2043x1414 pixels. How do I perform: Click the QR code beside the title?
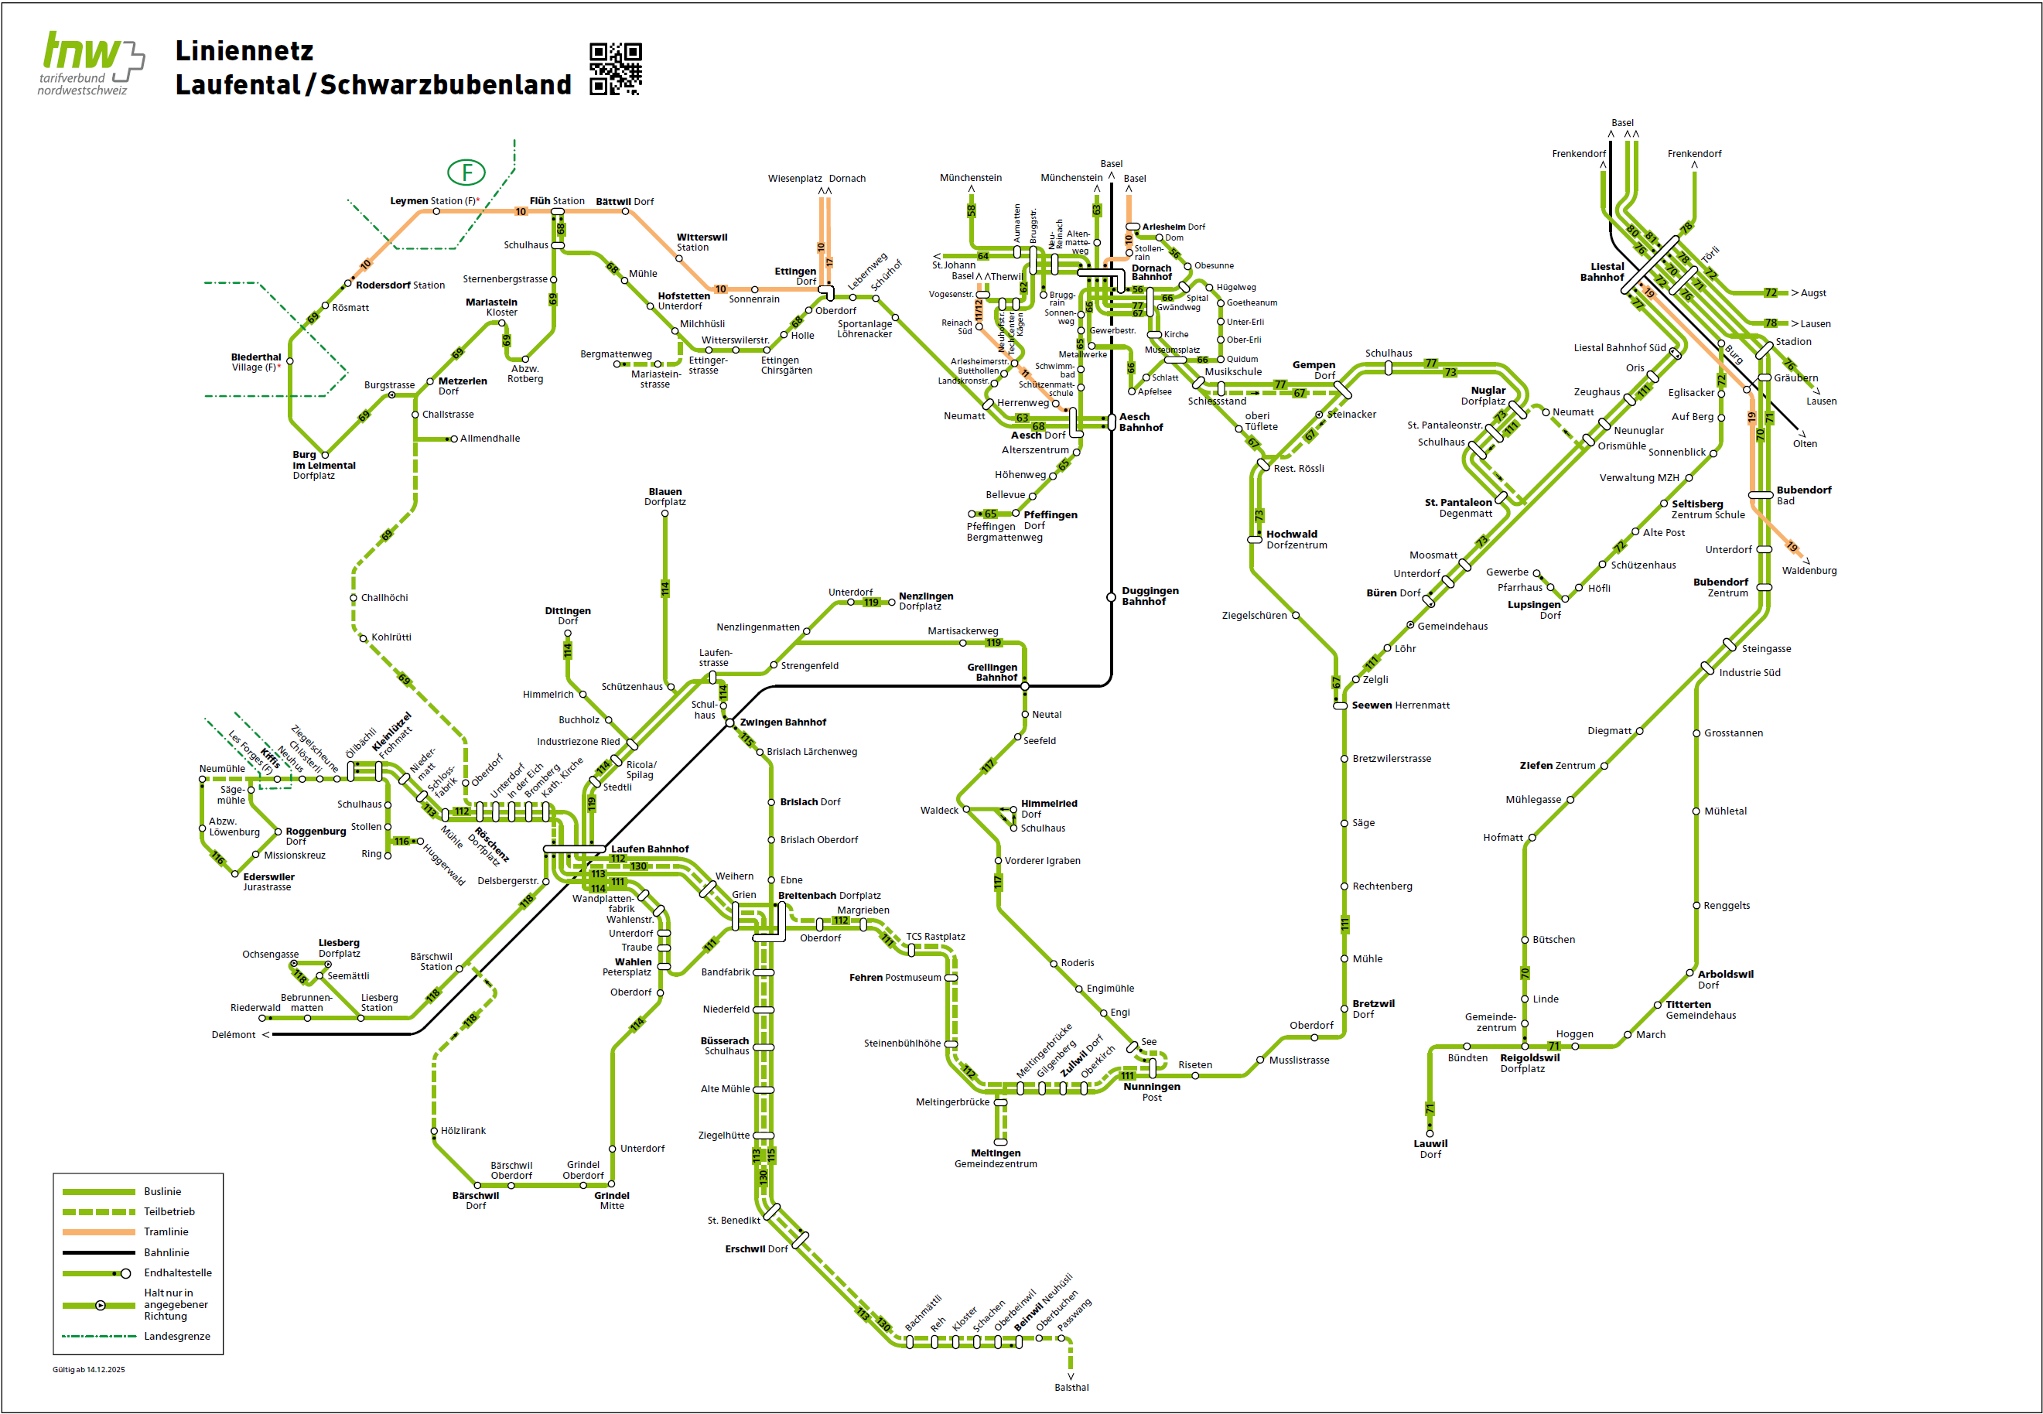click(x=615, y=68)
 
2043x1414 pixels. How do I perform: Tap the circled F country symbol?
click(x=466, y=172)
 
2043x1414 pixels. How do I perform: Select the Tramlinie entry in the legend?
click(x=166, y=1231)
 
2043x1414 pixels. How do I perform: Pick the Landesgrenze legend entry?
click(x=176, y=1336)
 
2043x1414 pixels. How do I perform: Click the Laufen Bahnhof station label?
click(x=649, y=849)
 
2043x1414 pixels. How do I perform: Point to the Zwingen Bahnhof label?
click(x=782, y=722)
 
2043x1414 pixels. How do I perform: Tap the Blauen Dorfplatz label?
click(x=664, y=496)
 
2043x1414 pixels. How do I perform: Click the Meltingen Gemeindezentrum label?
click(x=995, y=1158)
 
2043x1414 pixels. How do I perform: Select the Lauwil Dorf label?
click(x=1430, y=1148)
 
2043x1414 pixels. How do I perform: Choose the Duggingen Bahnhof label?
click(x=1150, y=596)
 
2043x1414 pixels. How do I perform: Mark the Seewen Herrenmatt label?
click(x=1400, y=705)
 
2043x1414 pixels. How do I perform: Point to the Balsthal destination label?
click(x=1071, y=1388)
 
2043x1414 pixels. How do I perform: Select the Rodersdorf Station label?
click(x=400, y=285)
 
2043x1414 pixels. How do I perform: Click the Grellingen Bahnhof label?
click(x=993, y=671)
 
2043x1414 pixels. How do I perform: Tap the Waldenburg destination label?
click(x=1809, y=571)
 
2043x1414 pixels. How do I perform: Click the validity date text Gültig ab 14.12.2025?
click(x=89, y=1370)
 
